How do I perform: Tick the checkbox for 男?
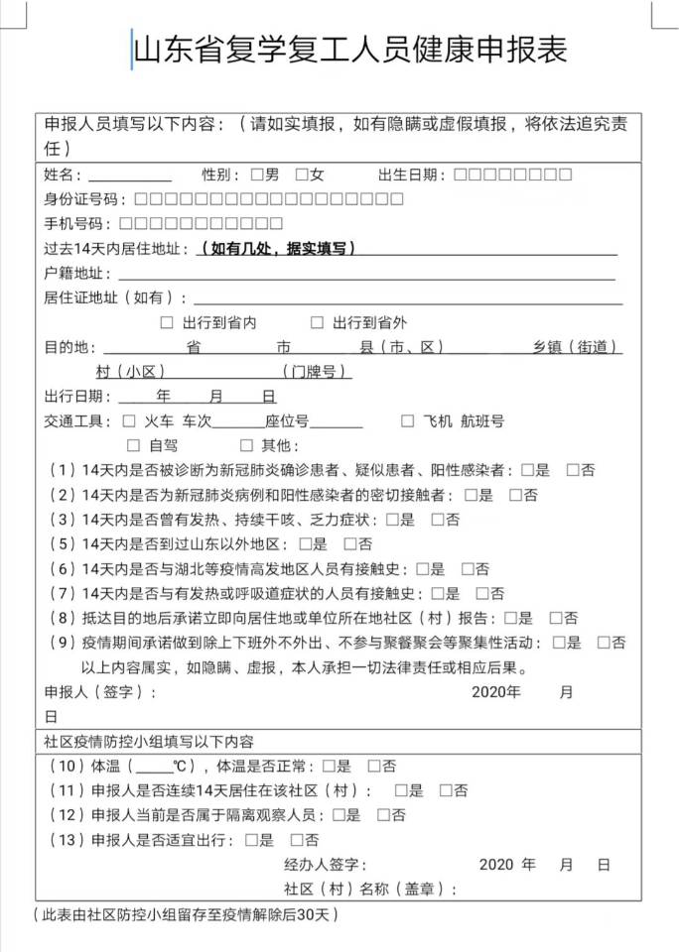pos(256,175)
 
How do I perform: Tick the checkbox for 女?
pos(302,175)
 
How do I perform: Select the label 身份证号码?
pos(80,199)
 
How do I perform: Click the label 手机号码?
pos(80,223)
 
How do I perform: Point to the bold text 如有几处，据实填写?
pos(277,248)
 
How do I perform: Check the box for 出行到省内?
pos(167,322)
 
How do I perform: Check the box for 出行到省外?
pos(317,322)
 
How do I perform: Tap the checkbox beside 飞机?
pos(407,420)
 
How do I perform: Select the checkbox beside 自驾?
pos(133,445)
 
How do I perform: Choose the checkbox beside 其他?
pos(245,445)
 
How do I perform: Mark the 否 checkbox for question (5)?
pos(349,543)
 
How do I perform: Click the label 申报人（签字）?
pos(100,692)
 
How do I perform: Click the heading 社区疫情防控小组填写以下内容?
pos(149,741)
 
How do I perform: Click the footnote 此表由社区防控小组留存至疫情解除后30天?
pos(185,913)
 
